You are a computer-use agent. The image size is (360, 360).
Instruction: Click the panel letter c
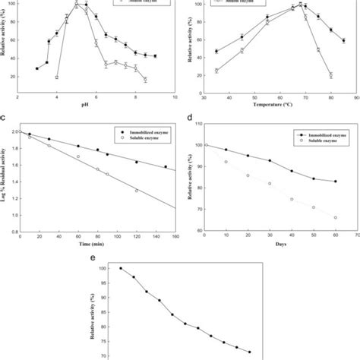coord(5,118)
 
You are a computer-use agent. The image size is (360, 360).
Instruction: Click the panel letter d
coord(188,118)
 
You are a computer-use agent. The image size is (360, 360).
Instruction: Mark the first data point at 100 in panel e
coord(120,268)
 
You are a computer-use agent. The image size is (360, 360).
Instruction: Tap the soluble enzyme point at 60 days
coord(335,217)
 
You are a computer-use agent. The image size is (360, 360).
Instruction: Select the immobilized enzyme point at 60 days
coord(335,182)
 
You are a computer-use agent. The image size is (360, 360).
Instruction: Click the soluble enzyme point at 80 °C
coord(331,74)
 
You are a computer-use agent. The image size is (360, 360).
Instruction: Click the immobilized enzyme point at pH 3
coord(36,68)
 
